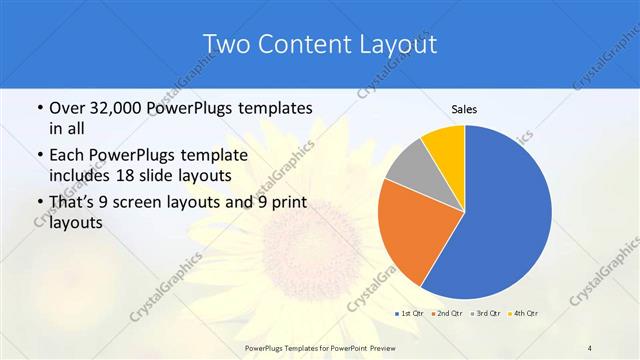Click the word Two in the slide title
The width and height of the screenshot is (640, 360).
pos(226,44)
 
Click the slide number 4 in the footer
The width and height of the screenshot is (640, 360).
pos(591,347)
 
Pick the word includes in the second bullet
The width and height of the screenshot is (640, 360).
pos(82,176)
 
